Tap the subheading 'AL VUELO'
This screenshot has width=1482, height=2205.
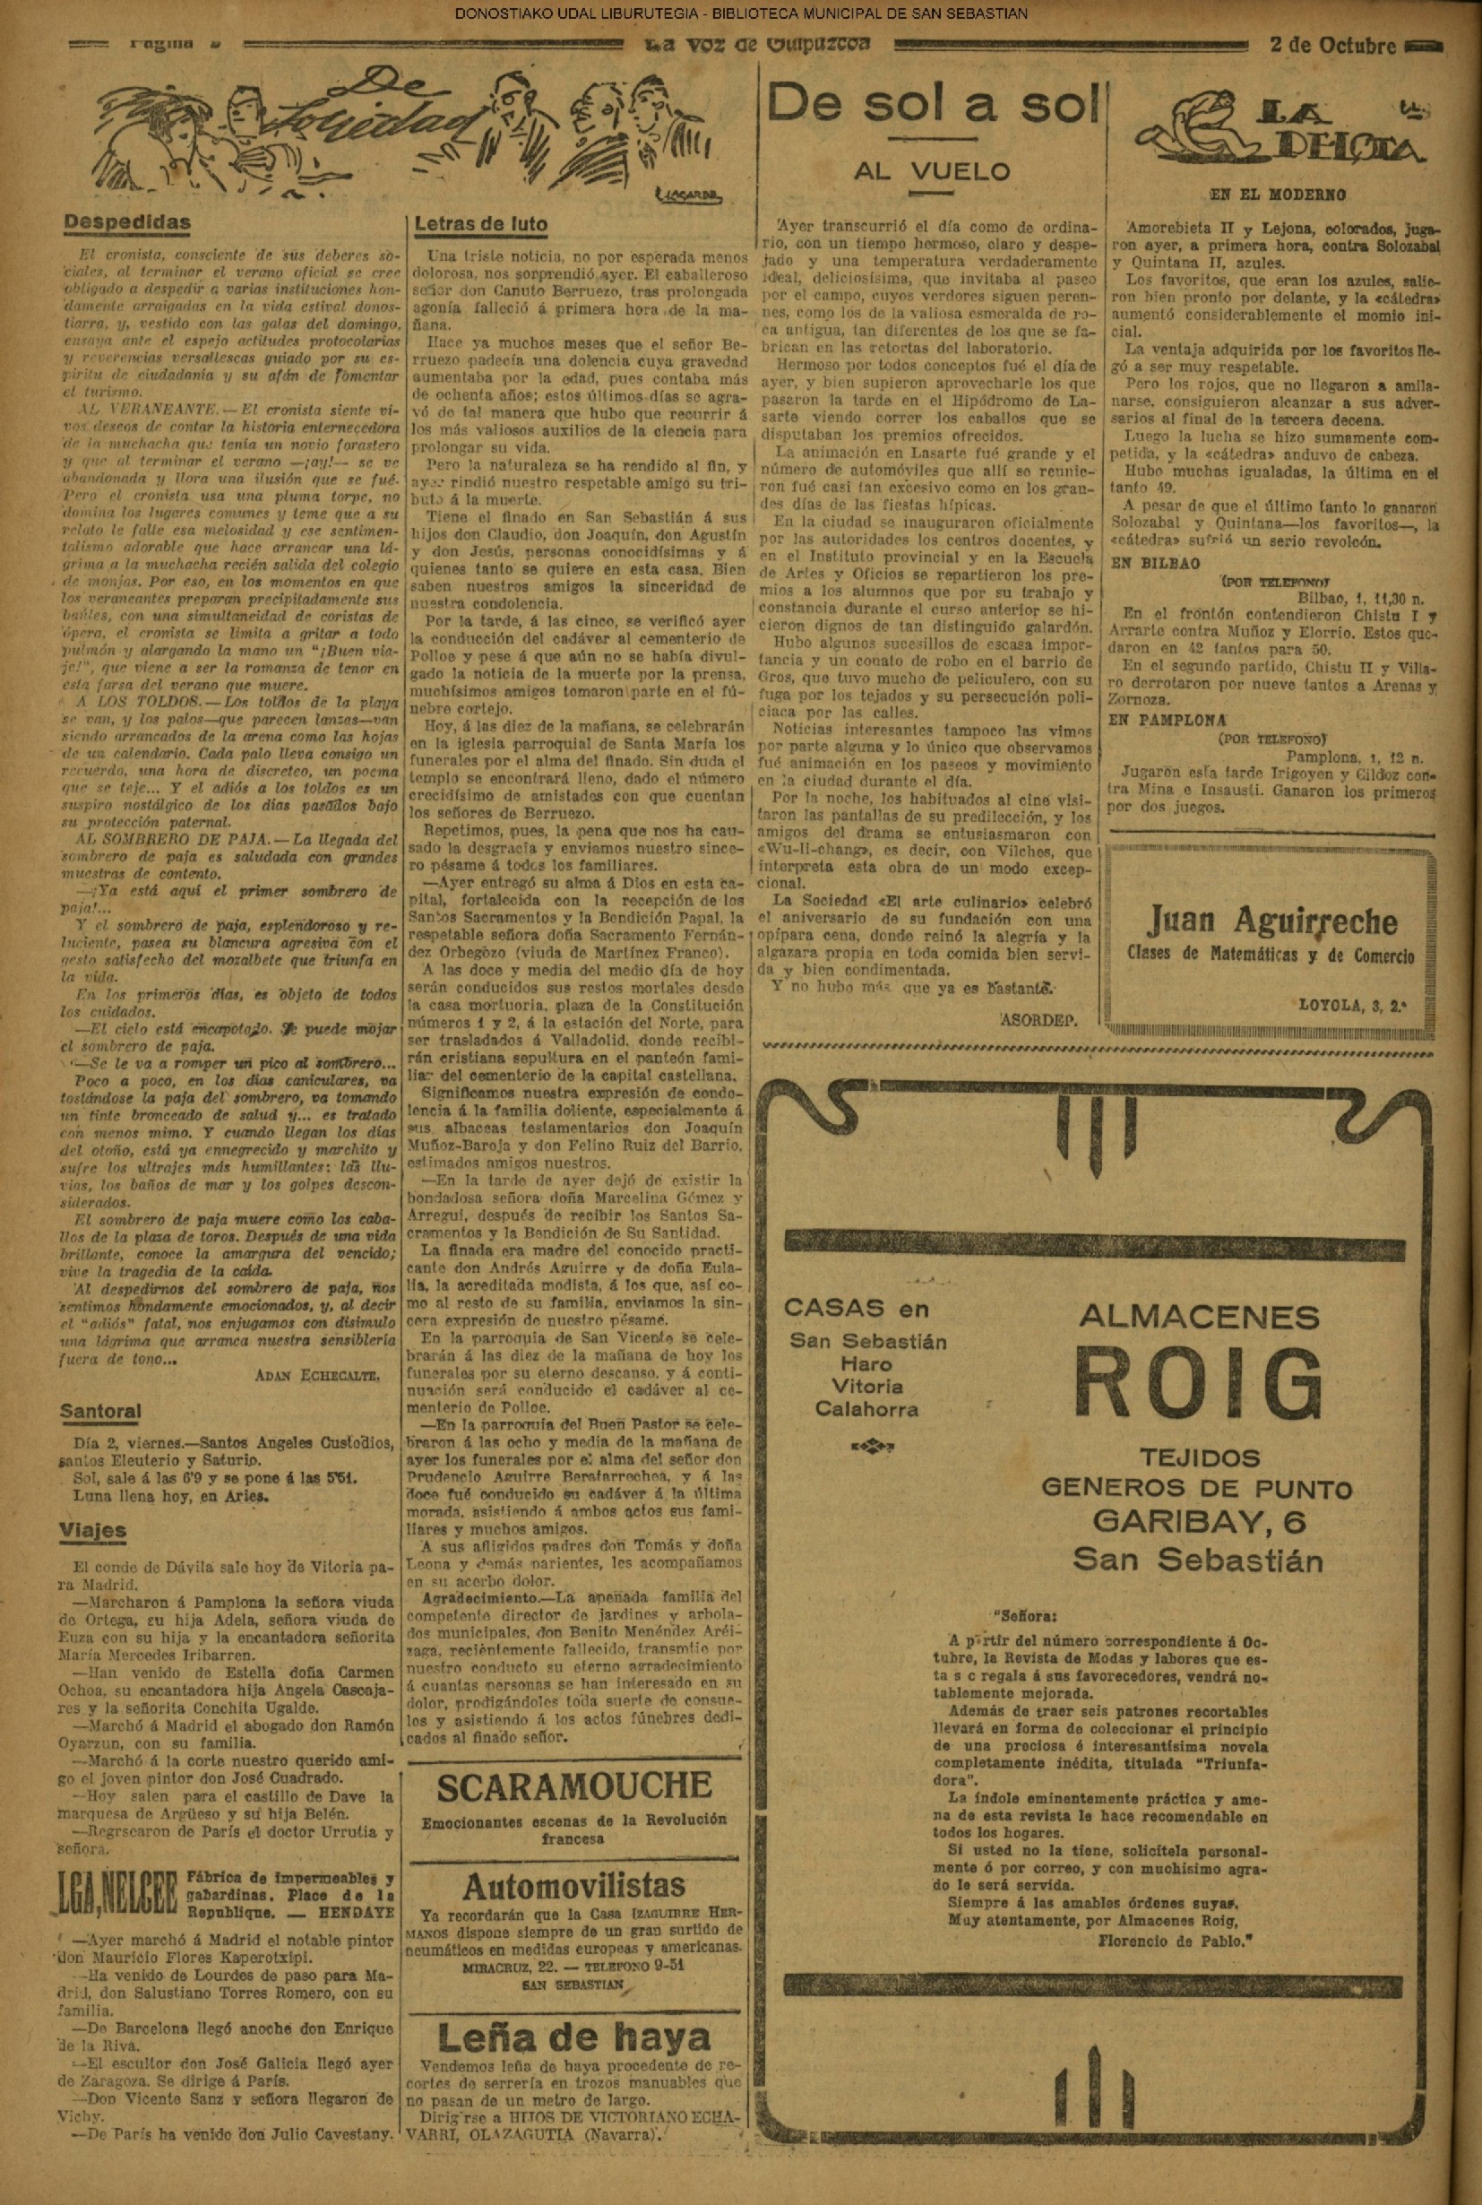tap(932, 171)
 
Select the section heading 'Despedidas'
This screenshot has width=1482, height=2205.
tap(126, 223)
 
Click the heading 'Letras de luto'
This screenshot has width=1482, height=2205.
tap(481, 224)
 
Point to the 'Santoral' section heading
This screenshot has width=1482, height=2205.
tap(100, 1412)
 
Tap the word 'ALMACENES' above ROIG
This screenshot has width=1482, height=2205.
tap(1199, 1315)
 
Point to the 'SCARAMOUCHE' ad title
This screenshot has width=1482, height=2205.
tap(574, 1786)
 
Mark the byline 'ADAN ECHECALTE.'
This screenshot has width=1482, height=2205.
tap(318, 1377)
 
